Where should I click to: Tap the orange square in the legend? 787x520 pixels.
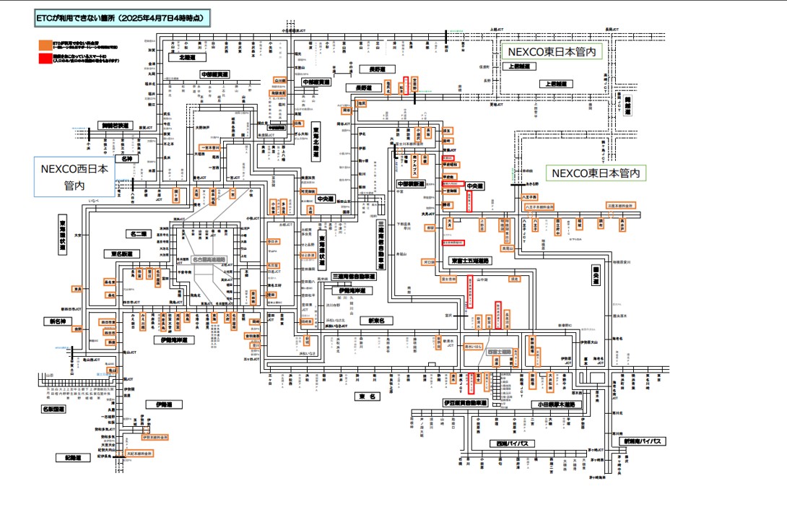(45, 45)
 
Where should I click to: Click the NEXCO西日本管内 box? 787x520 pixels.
(75, 177)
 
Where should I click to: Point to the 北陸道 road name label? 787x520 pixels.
(177, 56)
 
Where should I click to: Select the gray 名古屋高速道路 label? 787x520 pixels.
(208, 259)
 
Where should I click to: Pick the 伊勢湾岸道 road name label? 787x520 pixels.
(174, 339)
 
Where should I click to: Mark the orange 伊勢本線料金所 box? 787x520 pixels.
(155, 437)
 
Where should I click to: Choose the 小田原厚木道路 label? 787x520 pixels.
(554, 404)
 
